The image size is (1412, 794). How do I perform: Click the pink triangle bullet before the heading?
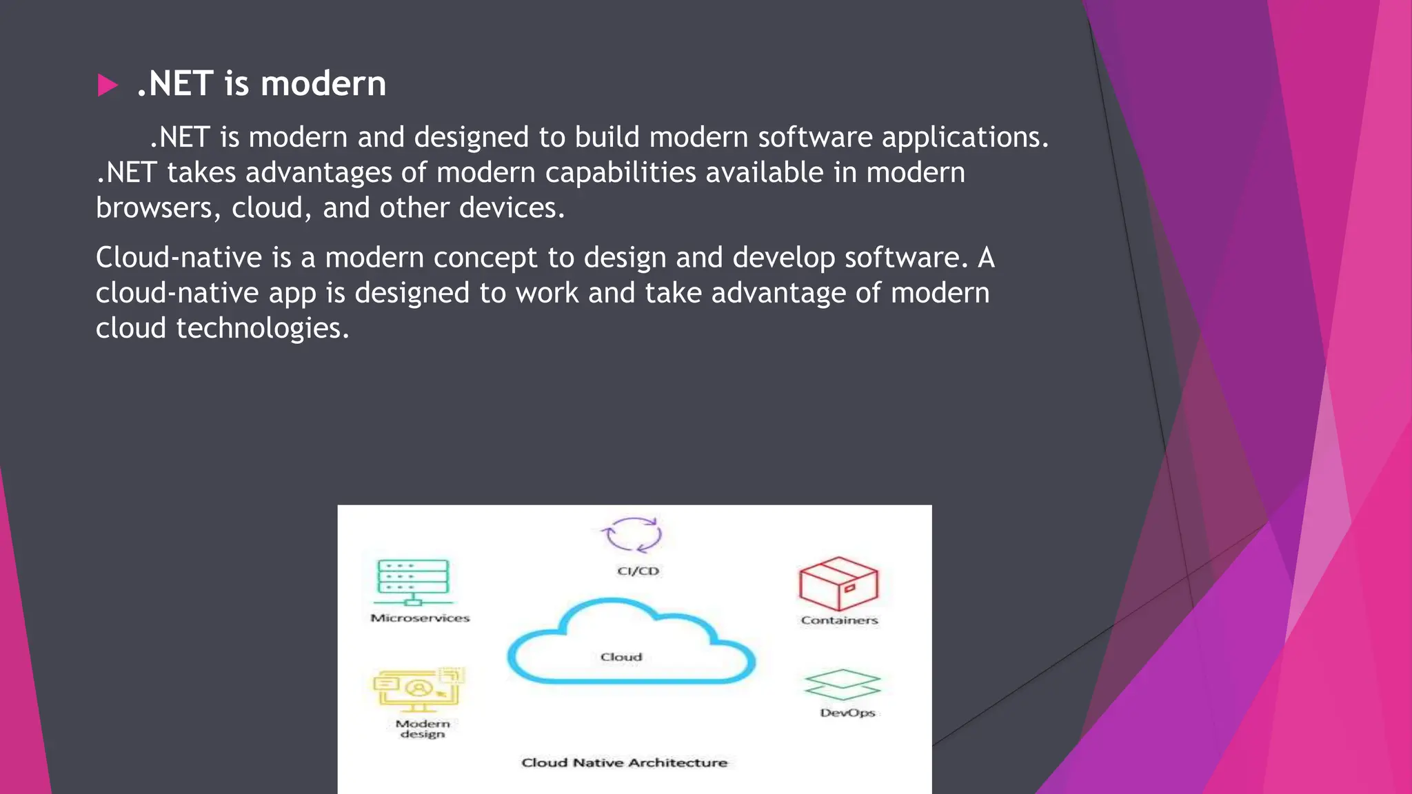pos(108,85)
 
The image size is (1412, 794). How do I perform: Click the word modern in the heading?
pos(323,84)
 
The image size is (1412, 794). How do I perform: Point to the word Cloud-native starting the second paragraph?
pos(179,258)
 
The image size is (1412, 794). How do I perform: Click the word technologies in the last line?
pos(262,329)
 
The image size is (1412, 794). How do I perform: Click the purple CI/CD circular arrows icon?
pos(631,535)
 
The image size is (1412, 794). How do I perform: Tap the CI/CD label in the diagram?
pos(638,571)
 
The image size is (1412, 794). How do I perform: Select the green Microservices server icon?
pos(413,583)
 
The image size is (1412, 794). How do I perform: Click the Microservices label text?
pos(420,618)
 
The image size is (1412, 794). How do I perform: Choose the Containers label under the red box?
pos(839,620)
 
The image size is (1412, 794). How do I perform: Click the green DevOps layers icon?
pos(843,684)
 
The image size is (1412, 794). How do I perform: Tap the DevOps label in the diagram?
pos(847,713)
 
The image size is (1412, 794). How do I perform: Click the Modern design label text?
pos(423,729)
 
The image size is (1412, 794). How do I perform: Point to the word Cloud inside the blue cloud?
pos(621,657)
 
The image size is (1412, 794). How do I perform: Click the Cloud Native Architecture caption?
pos(624,762)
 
